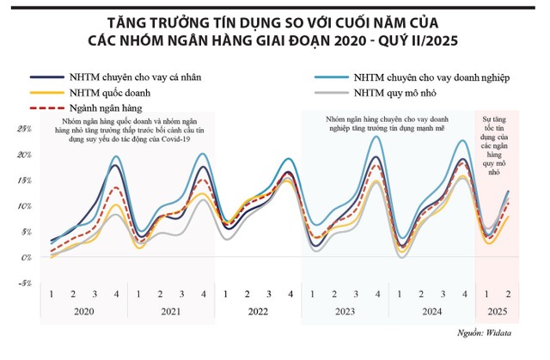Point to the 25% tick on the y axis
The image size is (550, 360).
tap(25, 129)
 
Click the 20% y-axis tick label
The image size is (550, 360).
tap(25, 155)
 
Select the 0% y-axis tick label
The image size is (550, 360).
tap(27, 257)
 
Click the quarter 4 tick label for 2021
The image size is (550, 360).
tap(203, 295)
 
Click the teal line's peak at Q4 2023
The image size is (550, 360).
tap(376, 136)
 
